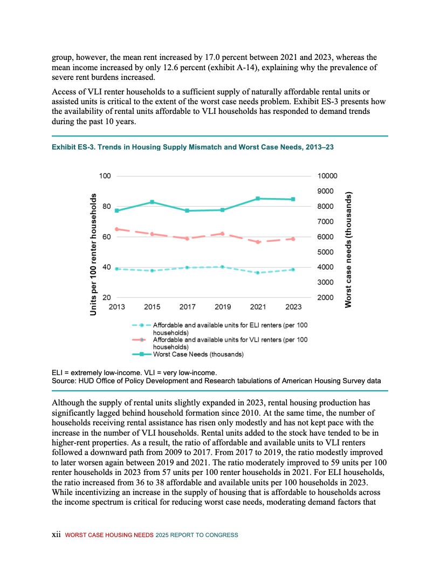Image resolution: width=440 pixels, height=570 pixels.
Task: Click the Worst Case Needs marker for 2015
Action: point(152,202)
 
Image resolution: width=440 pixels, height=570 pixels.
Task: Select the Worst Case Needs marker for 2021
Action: point(258,199)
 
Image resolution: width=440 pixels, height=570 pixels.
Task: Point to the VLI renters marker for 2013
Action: point(117,229)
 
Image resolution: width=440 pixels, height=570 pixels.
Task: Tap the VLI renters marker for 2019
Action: point(223,234)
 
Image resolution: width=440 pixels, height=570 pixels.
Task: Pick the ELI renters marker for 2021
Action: point(258,273)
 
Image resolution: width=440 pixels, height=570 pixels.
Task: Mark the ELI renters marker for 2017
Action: point(187,267)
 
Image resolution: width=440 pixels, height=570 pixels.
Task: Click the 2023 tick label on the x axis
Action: point(293,307)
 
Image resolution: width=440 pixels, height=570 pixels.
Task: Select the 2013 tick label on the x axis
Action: point(117,307)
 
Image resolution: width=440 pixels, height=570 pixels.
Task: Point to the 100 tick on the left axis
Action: point(105,176)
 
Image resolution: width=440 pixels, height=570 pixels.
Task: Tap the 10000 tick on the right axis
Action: point(327,176)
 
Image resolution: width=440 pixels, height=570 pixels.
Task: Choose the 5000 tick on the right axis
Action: point(325,252)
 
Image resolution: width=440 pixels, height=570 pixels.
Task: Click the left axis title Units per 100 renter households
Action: point(94,254)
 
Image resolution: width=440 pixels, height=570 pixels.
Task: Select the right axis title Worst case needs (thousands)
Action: point(349,250)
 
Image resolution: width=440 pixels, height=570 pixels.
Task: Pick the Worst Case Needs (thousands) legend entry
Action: point(198,355)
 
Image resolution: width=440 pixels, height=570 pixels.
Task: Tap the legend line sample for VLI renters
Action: point(141,340)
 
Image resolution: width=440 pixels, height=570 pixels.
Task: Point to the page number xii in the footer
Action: point(56,535)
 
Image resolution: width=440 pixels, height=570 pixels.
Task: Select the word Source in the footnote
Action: point(64,381)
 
